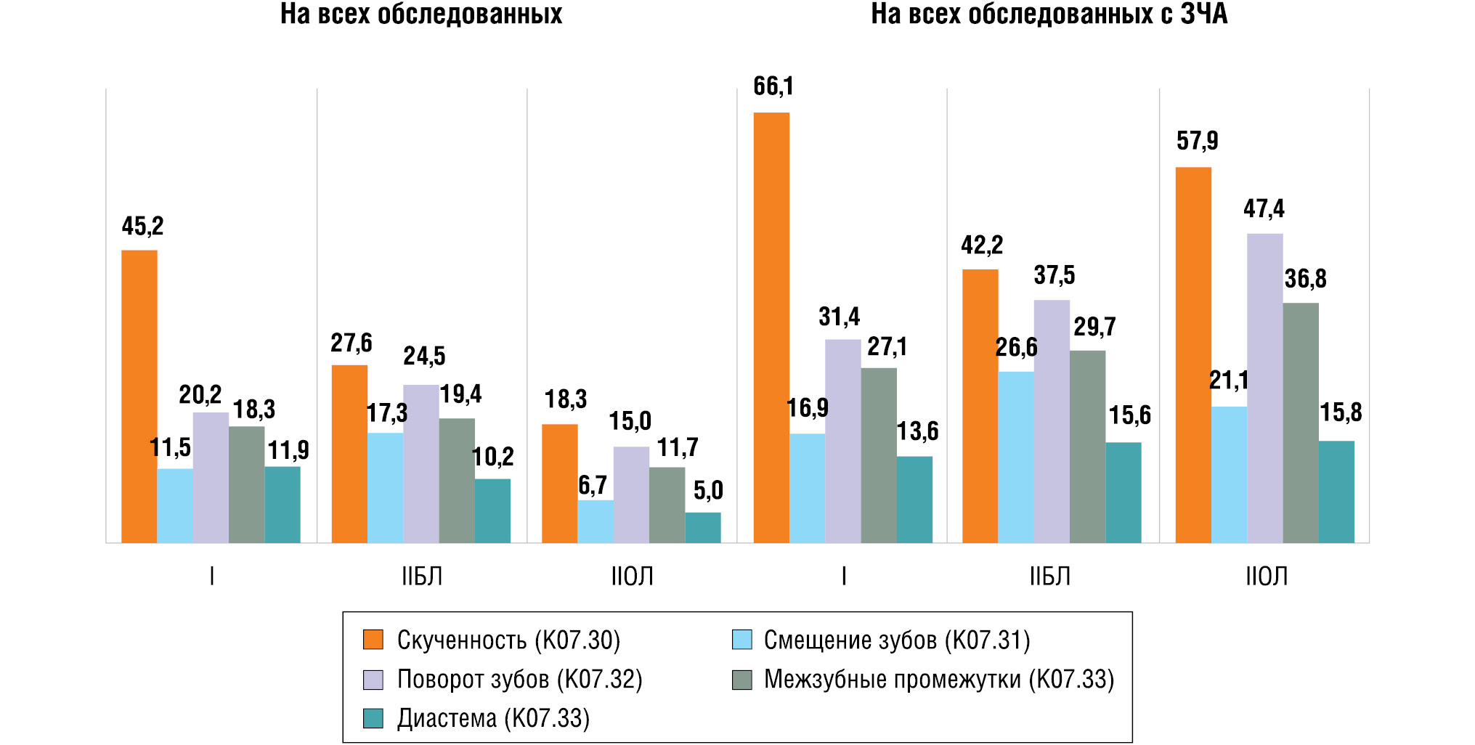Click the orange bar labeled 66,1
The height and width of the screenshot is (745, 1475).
pos(771,327)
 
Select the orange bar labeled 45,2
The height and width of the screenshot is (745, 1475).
pos(139,396)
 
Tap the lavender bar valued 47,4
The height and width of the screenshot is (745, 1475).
pos(1265,388)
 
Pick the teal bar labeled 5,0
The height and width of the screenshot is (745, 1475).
pos(703,528)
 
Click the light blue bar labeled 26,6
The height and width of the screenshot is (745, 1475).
pos(1016,457)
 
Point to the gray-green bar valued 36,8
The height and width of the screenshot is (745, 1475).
pos(1301,423)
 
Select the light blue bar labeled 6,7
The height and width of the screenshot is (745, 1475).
pos(596,521)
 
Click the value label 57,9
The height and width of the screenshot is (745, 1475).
pos(1197,141)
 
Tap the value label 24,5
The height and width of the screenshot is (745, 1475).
pos(424,356)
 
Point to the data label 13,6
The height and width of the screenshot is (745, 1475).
pos(917,431)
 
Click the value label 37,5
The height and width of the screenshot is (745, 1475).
pos(1054,275)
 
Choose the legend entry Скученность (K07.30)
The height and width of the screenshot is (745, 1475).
pos(508,640)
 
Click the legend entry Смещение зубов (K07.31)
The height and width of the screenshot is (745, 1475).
pos(896,640)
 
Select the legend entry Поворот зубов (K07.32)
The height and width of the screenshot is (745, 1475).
pos(519,679)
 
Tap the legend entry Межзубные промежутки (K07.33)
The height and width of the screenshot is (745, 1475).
pos(938,679)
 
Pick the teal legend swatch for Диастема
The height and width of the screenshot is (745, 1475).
pos(373,718)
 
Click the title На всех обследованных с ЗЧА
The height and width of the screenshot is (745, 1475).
pos(1049,15)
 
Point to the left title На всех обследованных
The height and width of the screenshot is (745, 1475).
pos(421,15)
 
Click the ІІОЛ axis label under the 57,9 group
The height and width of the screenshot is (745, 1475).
pos(1267,577)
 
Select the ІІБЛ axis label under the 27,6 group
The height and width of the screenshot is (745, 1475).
pos(422,577)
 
